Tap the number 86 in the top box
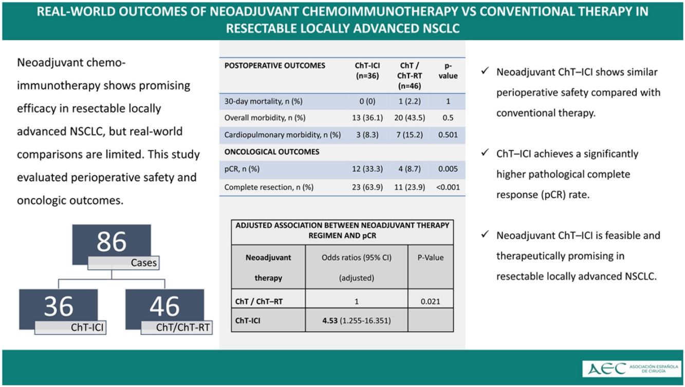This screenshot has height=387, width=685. tap(112, 242)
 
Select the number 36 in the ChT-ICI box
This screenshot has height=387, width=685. tap(59, 306)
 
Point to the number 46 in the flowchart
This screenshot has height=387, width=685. tap(164, 306)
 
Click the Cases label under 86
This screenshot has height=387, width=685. tap(144, 263)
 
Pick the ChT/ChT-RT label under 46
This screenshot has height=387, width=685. tap(183, 327)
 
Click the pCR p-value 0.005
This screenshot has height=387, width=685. tap(448, 169)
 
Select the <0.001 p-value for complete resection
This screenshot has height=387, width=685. tap(448, 187)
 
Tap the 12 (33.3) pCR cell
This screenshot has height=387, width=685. tap(367, 169)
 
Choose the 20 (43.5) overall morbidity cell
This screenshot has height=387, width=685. tap(410, 118)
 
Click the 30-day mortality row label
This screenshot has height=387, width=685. tap(263, 101)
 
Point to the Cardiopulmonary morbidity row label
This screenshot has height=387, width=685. tap(283, 134)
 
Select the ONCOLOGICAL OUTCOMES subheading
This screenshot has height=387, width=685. tap(272, 152)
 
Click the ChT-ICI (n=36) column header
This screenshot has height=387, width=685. tap(367, 70)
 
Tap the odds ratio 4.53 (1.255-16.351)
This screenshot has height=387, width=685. tap(357, 320)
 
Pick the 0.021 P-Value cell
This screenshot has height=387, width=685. tap(430, 301)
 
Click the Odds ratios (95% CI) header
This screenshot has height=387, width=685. tap(357, 258)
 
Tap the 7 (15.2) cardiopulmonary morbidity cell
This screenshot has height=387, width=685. tap(410, 134)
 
